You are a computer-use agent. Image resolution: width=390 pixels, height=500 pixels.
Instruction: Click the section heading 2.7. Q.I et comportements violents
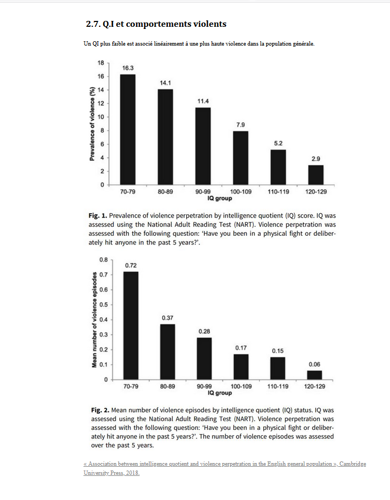click(156, 24)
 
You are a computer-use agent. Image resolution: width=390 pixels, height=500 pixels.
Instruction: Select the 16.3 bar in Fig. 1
click(127, 129)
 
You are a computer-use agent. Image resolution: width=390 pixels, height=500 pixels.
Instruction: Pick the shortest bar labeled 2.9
click(316, 175)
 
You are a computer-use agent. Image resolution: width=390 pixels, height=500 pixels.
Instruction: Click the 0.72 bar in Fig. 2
click(131, 325)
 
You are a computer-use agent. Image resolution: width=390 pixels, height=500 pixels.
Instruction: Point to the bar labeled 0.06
click(315, 375)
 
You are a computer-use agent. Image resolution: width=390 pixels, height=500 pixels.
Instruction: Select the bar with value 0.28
click(204, 358)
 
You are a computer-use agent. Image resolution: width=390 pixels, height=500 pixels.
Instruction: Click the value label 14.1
click(165, 82)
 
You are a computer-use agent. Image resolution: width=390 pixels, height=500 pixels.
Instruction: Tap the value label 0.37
click(167, 318)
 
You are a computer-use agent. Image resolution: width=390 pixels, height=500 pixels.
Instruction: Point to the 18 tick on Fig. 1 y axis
click(101, 63)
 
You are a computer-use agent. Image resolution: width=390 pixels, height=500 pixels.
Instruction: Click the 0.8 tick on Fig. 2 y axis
click(103, 259)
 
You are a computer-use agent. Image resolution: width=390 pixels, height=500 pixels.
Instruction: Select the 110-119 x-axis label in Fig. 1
click(278, 191)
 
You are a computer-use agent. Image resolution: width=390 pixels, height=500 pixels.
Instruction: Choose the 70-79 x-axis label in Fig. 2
click(131, 386)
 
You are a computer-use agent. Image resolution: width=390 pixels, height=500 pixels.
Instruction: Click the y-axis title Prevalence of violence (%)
click(92, 124)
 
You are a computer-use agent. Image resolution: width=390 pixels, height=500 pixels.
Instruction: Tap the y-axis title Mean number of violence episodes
click(94, 320)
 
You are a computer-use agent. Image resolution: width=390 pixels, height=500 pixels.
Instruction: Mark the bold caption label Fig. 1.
click(97, 215)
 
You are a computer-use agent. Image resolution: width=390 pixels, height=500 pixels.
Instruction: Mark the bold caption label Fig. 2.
click(101, 410)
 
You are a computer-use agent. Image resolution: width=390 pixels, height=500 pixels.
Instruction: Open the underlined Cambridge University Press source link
click(225, 468)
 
